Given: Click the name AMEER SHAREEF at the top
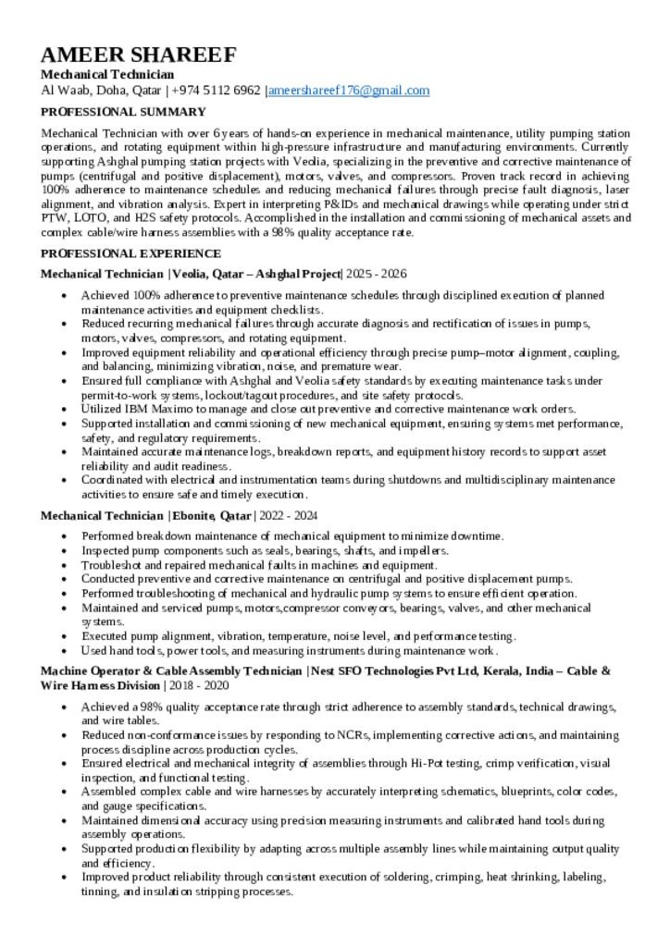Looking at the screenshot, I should click(139, 55).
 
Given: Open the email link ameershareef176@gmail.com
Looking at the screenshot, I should click(349, 91).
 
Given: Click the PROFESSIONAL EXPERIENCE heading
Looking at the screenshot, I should click(130, 253).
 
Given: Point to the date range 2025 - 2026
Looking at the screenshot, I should click(377, 274).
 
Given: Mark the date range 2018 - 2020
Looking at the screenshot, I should click(198, 685).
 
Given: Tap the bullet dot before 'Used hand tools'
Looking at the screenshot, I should click(63, 651).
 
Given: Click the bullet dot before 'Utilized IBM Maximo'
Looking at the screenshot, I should click(63, 410).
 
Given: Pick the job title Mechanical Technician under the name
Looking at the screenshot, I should click(107, 74).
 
